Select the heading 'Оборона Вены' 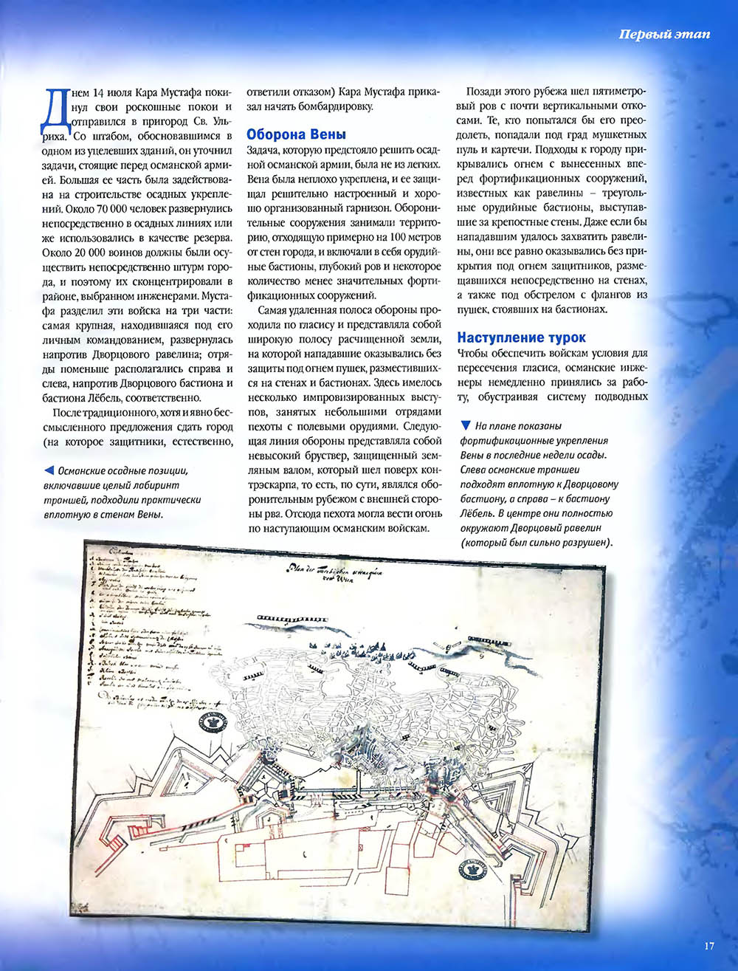click(x=295, y=135)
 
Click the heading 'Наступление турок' click(x=521, y=338)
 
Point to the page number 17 click(x=709, y=946)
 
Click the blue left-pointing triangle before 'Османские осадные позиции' click(x=48, y=470)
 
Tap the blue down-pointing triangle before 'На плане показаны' click(x=465, y=425)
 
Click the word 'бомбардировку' click(x=336, y=107)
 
